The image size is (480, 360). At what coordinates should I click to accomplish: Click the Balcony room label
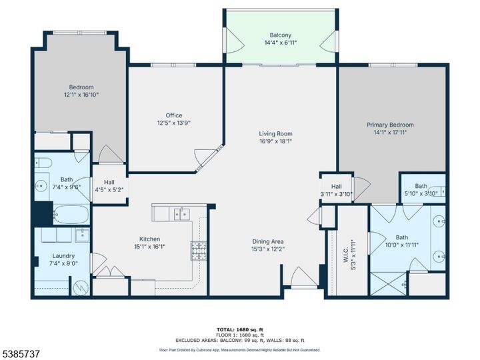280,35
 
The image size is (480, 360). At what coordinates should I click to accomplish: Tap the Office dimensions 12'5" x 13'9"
169,123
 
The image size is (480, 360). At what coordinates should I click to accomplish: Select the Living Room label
276,133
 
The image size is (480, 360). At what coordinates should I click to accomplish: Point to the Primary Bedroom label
390,125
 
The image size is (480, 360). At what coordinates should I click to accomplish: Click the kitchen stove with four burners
199,251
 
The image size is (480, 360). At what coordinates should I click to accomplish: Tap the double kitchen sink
181,213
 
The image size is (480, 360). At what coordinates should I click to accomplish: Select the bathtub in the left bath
70,215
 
